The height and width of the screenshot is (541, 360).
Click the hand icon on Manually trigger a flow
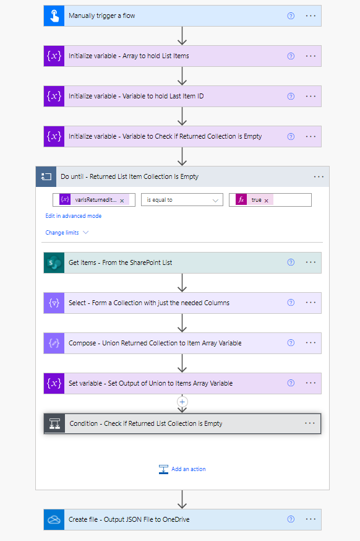pos(54,16)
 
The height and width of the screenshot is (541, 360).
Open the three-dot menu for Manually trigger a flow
pos(311,16)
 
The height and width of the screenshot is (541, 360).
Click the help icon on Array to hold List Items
pos(291,56)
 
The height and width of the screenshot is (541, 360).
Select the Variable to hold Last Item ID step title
pos(136,97)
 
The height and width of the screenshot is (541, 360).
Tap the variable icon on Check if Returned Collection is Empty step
pos(54,137)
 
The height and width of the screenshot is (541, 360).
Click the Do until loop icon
pos(46,176)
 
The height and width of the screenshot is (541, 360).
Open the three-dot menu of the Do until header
pos(319,176)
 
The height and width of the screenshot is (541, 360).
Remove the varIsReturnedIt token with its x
pos(122,201)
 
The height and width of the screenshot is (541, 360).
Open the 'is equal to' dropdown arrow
pos(215,200)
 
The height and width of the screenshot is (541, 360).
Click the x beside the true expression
pos(266,201)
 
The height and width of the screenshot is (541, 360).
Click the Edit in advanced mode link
pos(74,216)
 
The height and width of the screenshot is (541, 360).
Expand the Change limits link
pos(67,233)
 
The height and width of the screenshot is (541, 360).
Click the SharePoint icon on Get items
pos(54,262)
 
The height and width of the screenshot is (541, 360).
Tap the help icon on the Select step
pos(291,303)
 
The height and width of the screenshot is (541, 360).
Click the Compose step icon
pos(54,343)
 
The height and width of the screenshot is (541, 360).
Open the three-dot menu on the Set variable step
pos(311,383)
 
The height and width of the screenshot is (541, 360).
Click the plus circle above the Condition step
pos(182,402)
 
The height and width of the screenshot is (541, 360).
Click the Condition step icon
pos(54,423)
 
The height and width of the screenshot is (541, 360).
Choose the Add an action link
pos(182,469)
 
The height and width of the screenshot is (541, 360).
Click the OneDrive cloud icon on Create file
pos(54,519)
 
